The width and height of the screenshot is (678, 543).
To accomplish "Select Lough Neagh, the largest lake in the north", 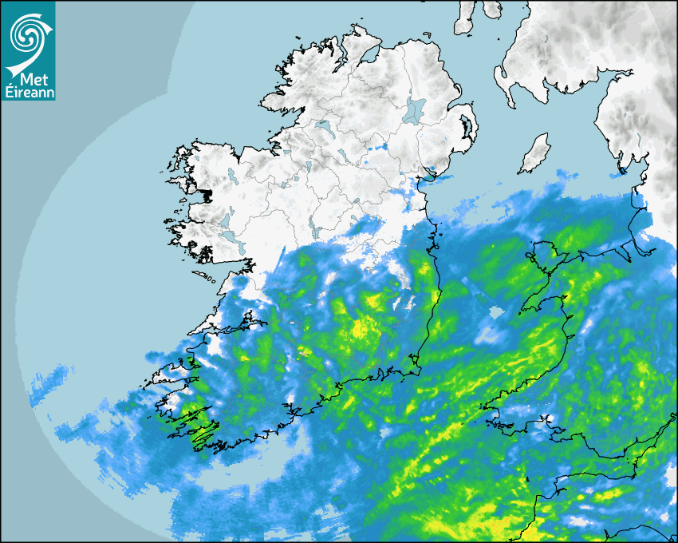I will (x=414, y=110).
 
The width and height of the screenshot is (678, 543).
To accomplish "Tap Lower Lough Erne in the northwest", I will (x=323, y=126).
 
